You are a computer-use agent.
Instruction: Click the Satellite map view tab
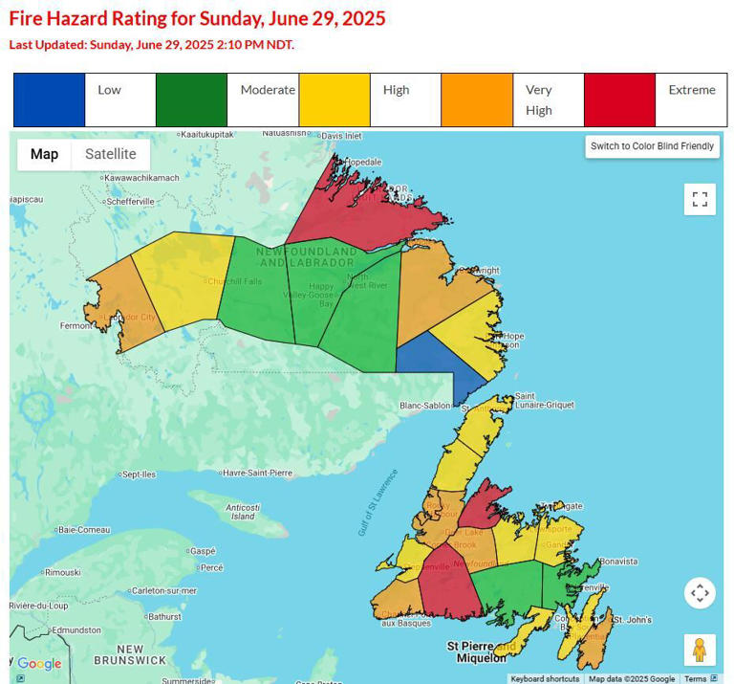pos(110,154)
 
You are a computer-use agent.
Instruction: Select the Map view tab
pos(44,154)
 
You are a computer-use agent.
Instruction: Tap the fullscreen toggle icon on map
pos(700,199)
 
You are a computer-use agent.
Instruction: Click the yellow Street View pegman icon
pos(700,650)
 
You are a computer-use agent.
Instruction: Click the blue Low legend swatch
pos(49,99)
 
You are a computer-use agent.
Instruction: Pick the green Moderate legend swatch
pos(191,99)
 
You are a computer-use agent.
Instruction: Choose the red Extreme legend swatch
pos(619,99)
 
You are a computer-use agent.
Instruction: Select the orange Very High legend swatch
pos(477,99)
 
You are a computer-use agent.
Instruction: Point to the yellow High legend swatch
pos(335,99)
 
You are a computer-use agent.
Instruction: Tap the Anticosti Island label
pos(243,511)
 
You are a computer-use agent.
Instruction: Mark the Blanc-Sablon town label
pos(424,406)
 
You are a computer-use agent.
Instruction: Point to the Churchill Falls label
pos(235,280)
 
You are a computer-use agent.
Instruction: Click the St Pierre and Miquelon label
pos(477,651)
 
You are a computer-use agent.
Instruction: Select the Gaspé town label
pos(203,551)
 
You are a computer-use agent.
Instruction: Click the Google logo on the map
pos(39,664)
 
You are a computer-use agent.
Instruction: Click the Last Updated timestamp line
pos(151,44)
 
